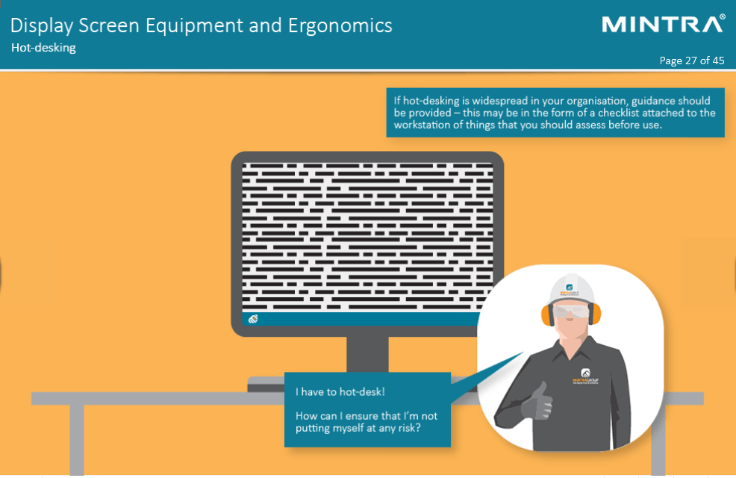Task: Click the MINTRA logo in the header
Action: [663, 24]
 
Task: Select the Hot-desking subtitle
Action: [44, 48]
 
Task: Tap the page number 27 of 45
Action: [692, 60]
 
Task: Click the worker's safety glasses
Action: [571, 311]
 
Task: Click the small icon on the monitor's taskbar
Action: [253, 319]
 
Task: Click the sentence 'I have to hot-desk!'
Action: [340, 391]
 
